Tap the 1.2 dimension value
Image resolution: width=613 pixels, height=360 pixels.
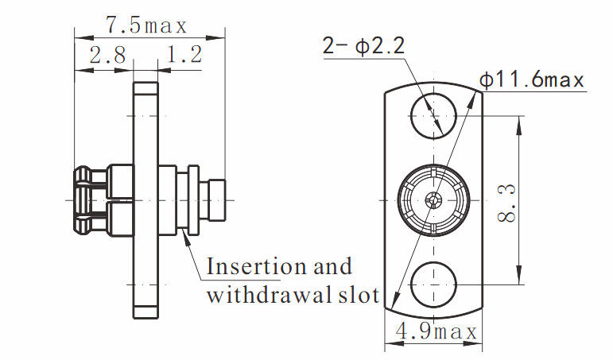tap(184, 55)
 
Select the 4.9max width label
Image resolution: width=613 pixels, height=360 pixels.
tap(433, 331)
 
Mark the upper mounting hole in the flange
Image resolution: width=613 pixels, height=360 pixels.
tap(433, 116)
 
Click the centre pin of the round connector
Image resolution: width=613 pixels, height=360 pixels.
tap(433, 200)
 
